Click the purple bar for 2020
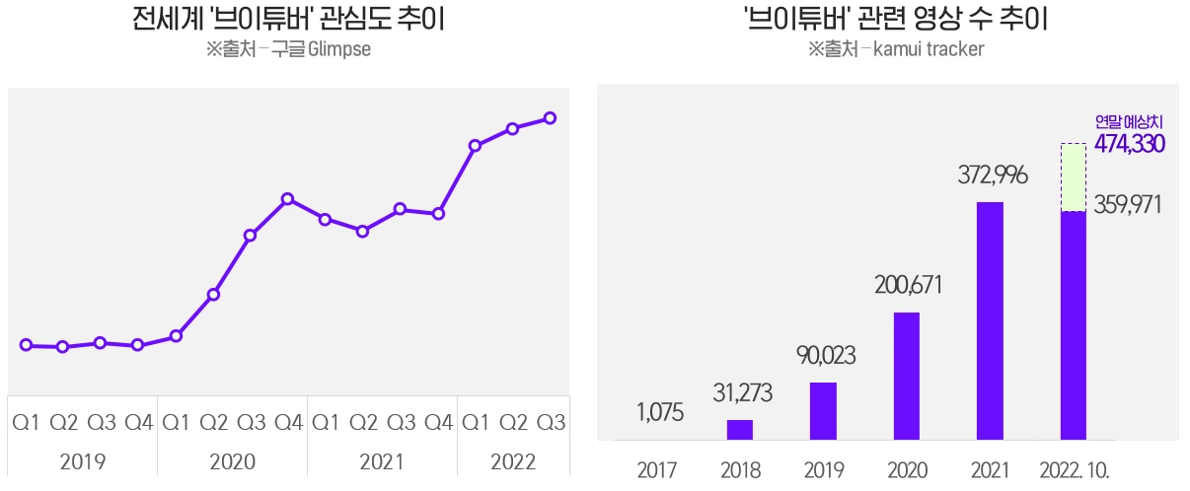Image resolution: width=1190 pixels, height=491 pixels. [x=906, y=376]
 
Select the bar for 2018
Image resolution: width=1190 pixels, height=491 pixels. [x=740, y=430]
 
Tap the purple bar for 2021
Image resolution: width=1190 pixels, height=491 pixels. [x=990, y=320]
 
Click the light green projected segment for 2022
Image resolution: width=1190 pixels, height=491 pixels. [x=1074, y=177]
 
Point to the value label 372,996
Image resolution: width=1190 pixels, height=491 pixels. [x=993, y=176]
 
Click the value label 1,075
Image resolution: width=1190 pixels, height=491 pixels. [x=660, y=413]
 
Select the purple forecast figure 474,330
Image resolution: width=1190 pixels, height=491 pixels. [x=1130, y=144]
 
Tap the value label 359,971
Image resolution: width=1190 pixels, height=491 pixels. [x=1128, y=205]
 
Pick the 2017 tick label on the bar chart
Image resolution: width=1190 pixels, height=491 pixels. [x=657, y=470]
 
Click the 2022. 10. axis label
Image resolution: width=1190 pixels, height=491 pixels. [x=1075, y=470]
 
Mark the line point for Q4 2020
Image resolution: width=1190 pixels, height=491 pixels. [x=287, y=199]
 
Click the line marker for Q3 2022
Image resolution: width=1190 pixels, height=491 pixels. [x=550, y=118]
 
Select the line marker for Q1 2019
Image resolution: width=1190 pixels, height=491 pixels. [x=26, y=345]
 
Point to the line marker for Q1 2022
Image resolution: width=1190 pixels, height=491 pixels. [x=475, y=146]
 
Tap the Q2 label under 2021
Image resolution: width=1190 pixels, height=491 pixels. [x=362, y=423]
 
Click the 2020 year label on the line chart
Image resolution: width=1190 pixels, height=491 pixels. [x=232, y=461]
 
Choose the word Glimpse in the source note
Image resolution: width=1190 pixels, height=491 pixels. [x=339, y=49]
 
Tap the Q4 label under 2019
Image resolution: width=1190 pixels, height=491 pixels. [x=138, y=423]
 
